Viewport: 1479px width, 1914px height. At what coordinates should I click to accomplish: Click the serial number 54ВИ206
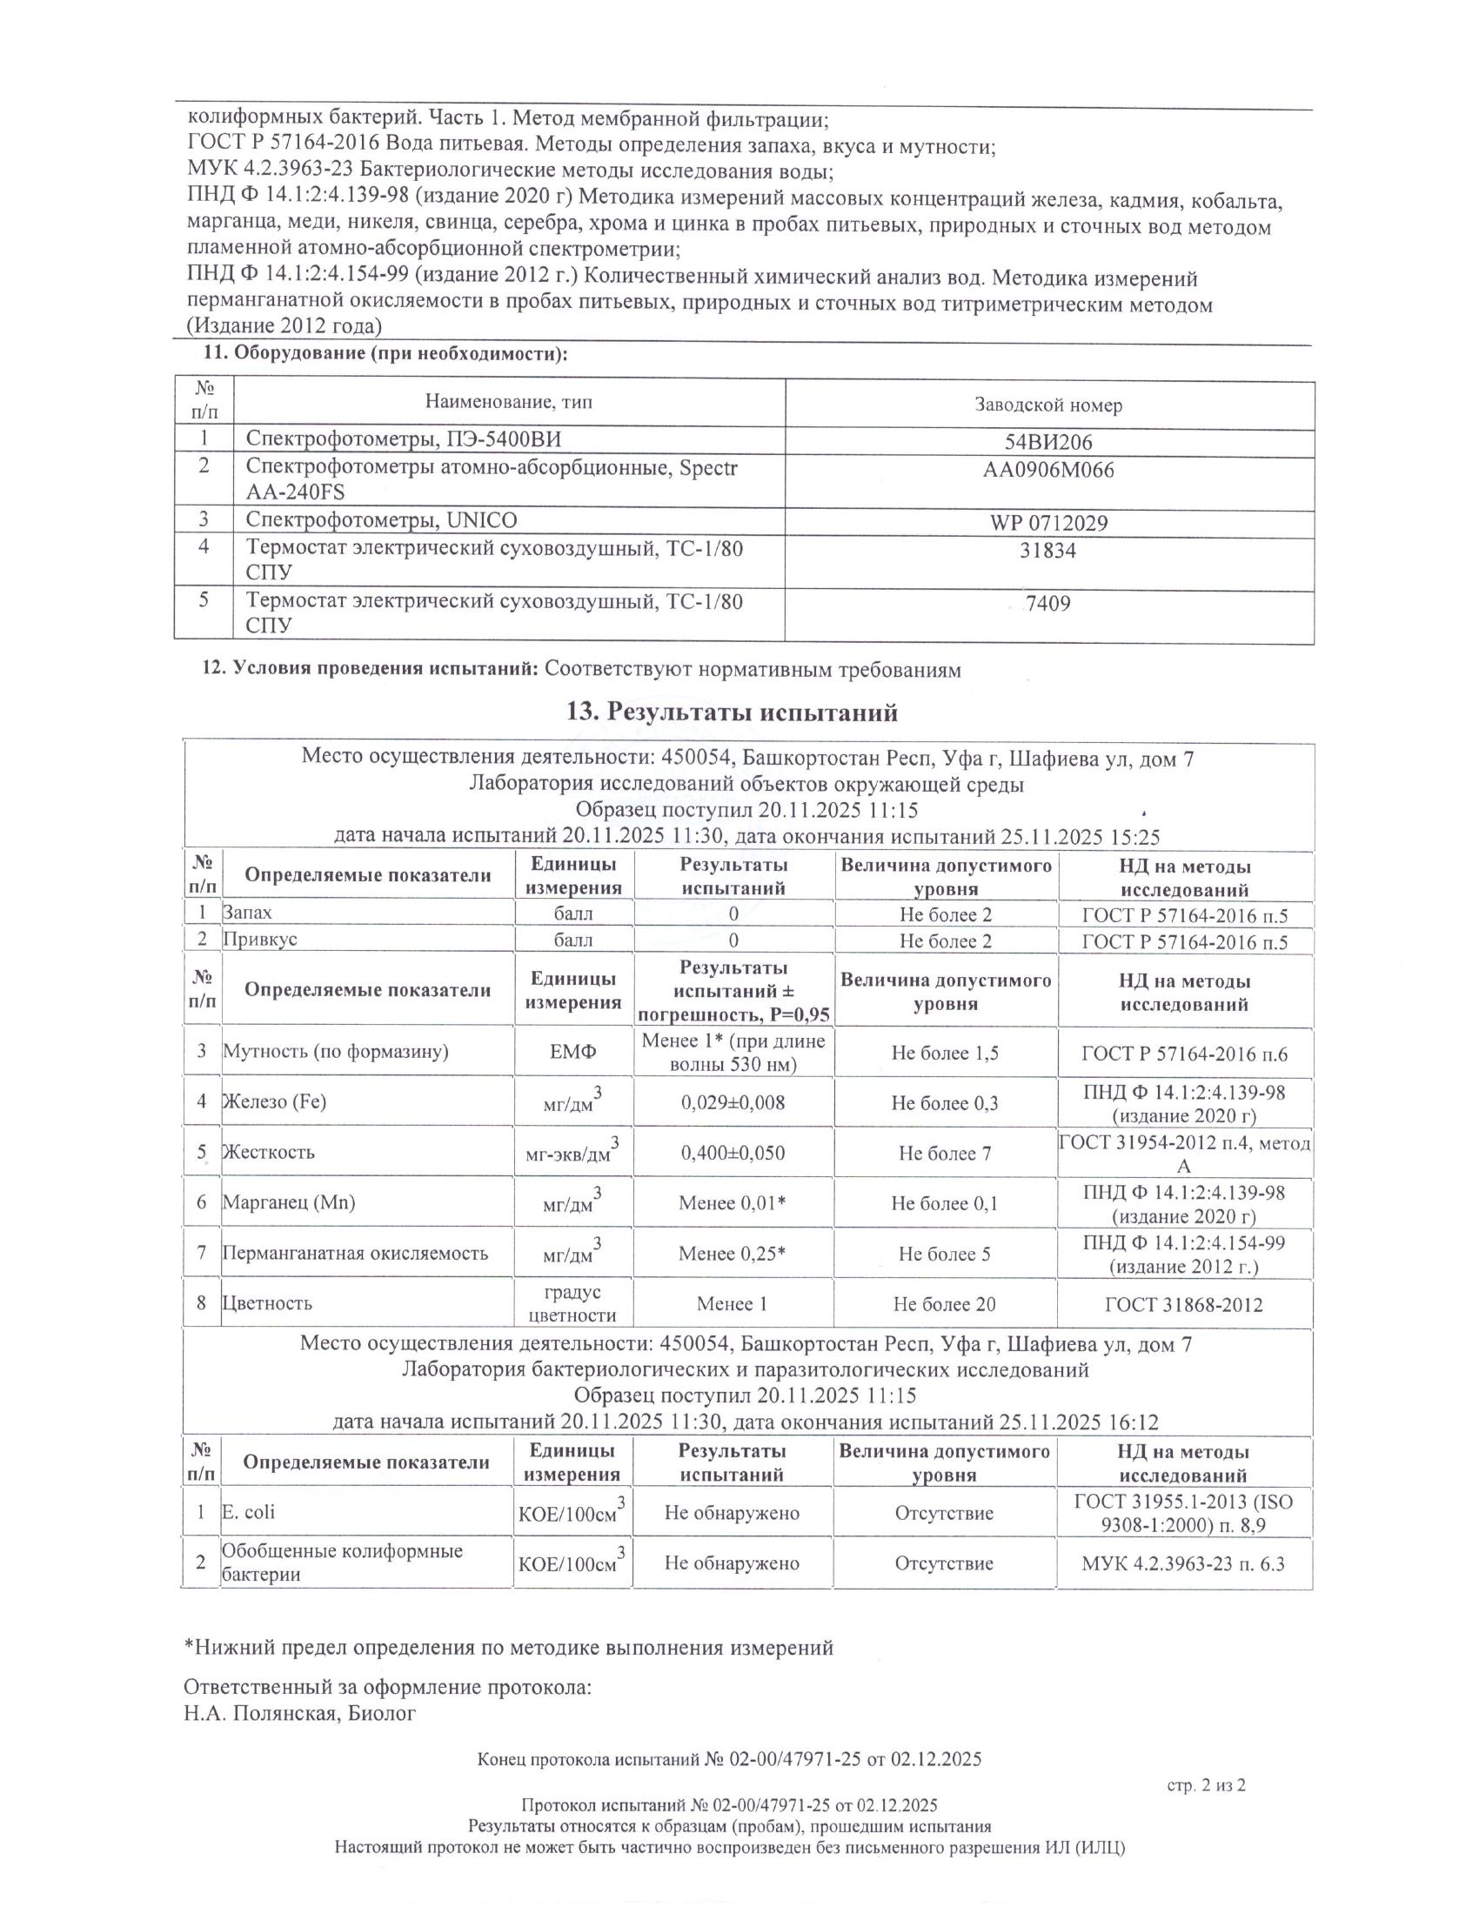1049,443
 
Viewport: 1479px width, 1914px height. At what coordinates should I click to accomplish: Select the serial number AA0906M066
1048,471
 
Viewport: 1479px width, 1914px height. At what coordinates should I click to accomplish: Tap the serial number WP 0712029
1049,524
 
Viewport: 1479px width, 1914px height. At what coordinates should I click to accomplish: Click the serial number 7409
1049,604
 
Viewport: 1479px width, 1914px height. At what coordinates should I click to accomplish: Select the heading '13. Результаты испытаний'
733,713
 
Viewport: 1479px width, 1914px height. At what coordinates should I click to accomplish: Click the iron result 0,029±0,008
733,1102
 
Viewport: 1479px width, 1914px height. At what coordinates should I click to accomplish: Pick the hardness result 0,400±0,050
733,1153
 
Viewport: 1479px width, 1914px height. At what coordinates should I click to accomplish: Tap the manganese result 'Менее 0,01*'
733,1203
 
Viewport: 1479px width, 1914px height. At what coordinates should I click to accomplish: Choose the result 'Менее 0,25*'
733,1254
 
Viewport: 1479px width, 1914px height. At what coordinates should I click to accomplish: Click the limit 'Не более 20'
945,1304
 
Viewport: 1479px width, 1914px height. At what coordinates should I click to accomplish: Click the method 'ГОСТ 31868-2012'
1184,1304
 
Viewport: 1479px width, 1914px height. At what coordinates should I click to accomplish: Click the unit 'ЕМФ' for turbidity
573,1052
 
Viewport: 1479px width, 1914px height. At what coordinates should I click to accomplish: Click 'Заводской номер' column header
1049,405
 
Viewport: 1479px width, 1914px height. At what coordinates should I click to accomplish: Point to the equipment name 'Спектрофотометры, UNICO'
381,520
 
